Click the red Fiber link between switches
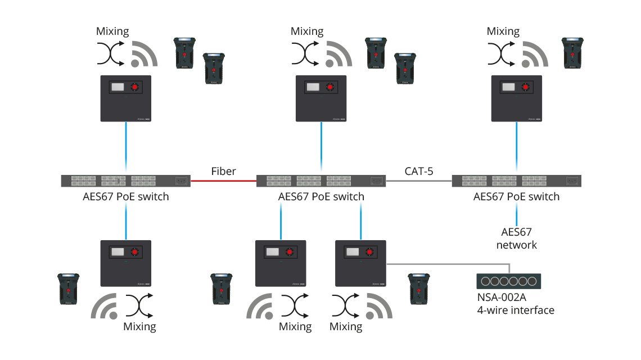[224, 181]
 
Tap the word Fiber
[224, 171]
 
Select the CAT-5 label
[419, 171]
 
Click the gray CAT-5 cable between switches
[419, 181]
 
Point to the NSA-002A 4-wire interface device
[508, 281]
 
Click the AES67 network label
[516, 238]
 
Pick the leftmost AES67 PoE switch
[125, 181]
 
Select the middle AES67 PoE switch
[321, 181]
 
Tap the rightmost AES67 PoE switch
[516, 181]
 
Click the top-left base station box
[126, 98]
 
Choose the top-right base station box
[517, 98]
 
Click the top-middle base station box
[321, 98]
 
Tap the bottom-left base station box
[126, 263]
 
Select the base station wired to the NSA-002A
[360, 263]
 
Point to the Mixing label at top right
[503, 31]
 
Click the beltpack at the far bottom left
[68, 289]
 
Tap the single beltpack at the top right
[572, 53]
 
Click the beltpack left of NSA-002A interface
[418, 289]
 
